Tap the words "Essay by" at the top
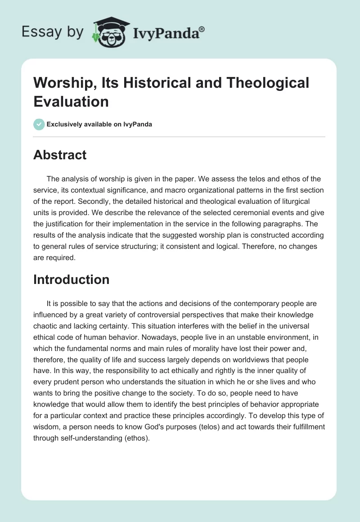(52, 32)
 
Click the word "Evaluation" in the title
(71, 101)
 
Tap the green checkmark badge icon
(39, 124)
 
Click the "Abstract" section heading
(59, 155)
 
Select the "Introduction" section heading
(71, 279)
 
